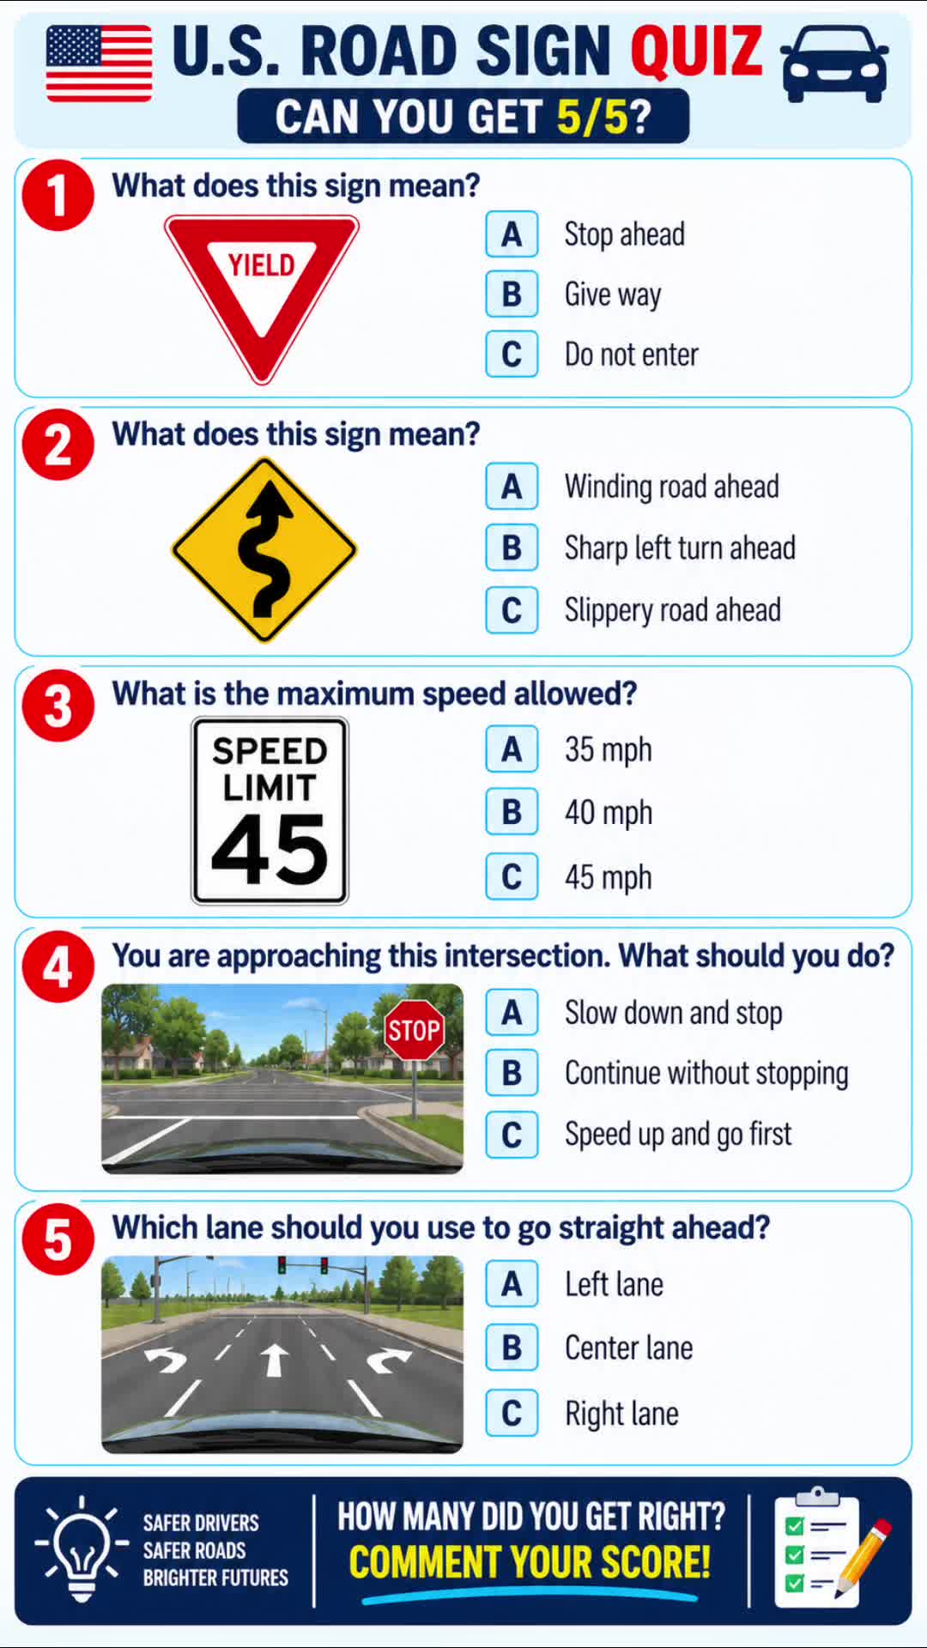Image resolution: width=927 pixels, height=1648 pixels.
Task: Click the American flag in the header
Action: (99, 64)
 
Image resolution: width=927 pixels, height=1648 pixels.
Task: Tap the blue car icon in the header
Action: (834, 64)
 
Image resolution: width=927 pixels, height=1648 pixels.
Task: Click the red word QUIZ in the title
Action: (696, 50)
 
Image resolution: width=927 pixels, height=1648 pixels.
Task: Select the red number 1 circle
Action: (58, 195)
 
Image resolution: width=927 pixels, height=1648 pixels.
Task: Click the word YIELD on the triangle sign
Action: (261, 265)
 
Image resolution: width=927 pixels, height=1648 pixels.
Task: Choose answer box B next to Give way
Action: (512, 294)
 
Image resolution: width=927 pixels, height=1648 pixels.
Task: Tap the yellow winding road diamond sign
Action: (264, 549)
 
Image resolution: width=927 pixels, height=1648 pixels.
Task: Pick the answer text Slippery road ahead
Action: (672, 610)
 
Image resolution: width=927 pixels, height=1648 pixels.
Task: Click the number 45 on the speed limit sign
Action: (270, 849)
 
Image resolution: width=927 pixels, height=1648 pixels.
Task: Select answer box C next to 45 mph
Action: (512, 876)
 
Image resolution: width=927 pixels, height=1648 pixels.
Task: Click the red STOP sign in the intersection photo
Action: (414, 1029)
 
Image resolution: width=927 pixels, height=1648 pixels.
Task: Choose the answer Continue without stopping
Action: (706, 1074)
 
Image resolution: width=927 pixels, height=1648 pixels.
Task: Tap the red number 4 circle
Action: (58, 967)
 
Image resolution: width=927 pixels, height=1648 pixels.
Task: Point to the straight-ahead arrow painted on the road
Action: (274, 1360)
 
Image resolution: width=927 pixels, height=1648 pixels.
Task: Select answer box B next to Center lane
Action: (512, 1348)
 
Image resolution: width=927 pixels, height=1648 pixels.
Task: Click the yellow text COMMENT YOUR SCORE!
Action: (530, 1562)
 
